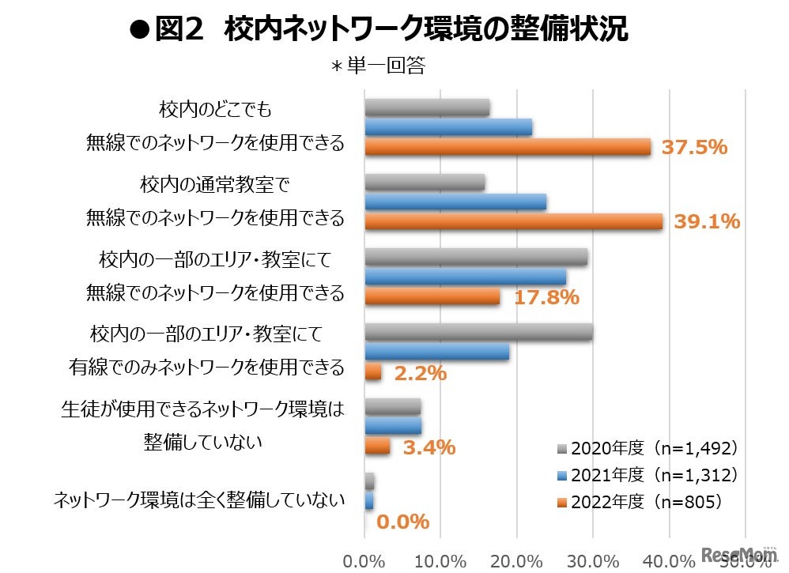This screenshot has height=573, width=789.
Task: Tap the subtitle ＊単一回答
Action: (378, 66)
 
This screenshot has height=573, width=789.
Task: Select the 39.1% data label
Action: (707, 222)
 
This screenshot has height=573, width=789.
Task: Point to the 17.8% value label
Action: (546, 297)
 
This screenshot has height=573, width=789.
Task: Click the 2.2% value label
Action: (420, 372)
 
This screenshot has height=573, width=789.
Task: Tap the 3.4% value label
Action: (428, 447)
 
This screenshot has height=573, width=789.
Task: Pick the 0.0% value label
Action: (402, 522)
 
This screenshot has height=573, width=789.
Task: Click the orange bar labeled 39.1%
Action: (513, 222)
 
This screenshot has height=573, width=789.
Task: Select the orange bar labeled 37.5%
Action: (507, 147)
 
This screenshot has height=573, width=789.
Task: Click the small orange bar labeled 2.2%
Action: (373, 372)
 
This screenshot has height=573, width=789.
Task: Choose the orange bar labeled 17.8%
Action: (432, 297)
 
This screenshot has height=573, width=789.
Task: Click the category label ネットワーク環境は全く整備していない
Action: (199, 499)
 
